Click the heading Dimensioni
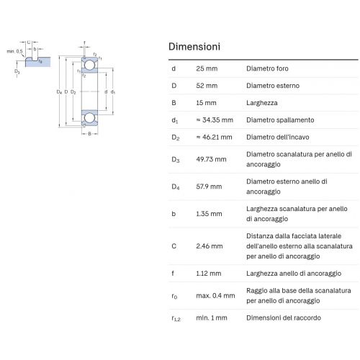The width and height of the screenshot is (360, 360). click(x=194, y=47)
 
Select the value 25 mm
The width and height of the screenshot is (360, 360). click(x=207, y=68)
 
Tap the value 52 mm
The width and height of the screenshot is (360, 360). click(x=207, y=86)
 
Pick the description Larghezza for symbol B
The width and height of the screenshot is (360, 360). click(x=262, y=103)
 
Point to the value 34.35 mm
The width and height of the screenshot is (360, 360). click(x=217, y=120)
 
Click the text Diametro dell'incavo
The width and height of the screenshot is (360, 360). click(x=278, y=137)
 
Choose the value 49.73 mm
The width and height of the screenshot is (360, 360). click(x=211, y=159)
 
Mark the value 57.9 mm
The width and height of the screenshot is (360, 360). click(x=209, y=186)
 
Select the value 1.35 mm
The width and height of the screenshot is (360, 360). click(x=209, y=214)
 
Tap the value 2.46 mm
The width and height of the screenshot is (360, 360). click(x=210, y=246)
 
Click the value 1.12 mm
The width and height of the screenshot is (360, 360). click(x=208, y=273)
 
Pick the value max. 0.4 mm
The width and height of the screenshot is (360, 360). click(x=215, y=295)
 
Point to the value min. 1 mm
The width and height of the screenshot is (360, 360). click(x=212, y=318)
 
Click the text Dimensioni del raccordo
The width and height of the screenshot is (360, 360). click(x=284, y=318)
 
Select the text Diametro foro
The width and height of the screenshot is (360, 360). click(x=267, y=68)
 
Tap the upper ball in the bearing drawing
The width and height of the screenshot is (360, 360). click(x=89, y=65)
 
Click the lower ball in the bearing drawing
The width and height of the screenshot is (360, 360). click(x=89, y=118)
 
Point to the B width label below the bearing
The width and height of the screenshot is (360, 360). click(x=89, y=134)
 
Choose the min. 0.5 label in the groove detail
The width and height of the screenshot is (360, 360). click(x=14, y=51)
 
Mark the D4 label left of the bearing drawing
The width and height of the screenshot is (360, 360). click(x=59, y=92)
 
